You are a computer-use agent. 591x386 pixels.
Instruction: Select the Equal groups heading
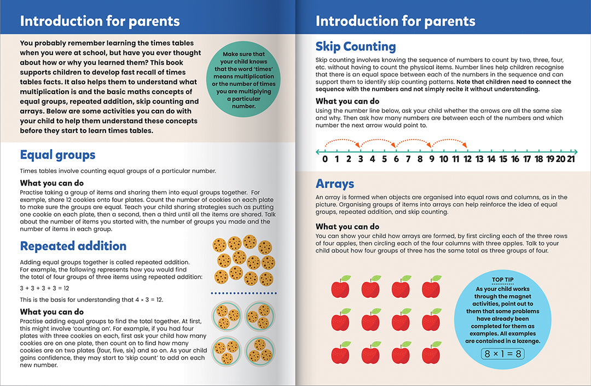(x=57, y=155)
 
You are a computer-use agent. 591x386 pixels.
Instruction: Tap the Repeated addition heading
(x=73, y=246)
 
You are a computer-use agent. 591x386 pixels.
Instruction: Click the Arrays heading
(x=335, y=184)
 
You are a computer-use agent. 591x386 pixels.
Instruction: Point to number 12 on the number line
(x=466, y=160)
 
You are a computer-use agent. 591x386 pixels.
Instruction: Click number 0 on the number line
(x=325, y=160)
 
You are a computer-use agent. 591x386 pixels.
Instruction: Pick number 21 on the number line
(x=570, y=160)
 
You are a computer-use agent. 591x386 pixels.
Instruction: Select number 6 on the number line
(x=396, y=160)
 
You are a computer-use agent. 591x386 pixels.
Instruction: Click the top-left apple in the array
(x=341, y=287)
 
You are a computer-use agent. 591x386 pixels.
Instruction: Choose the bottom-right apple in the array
(x=432, y=353)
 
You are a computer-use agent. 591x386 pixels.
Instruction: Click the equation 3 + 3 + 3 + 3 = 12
(x=44, y=288)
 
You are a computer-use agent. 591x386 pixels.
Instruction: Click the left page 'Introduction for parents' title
(x=100, y=21)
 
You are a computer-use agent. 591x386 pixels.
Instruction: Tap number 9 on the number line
(x=431, y=160)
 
